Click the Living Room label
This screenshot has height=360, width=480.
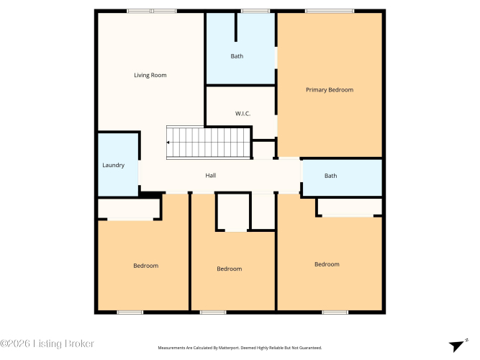point(150,76)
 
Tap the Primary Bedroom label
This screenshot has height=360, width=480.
point(330,90)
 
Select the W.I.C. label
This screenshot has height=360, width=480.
point(243,114)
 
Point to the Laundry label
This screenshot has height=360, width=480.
point(114,165)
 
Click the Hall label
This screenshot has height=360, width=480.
point(211,175)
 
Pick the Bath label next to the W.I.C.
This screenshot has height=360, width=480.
point(237,56)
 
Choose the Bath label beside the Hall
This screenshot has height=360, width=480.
point(330,176)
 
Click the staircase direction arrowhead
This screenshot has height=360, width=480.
point(168,143)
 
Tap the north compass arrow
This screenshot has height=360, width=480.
point(457,346)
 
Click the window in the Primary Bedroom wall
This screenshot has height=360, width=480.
point(330,11)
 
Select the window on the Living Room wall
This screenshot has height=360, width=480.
point(152,11)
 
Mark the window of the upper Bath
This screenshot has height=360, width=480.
point(255,11)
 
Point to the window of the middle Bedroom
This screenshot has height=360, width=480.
point(213,312)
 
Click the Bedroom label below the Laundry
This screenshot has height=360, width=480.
point(146,266)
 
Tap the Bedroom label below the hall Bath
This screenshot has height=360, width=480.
point(327,264)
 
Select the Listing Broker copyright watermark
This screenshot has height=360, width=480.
point(47,343)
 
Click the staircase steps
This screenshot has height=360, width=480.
point(208,143)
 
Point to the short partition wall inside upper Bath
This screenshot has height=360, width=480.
point(236,27)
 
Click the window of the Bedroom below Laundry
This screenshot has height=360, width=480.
point(130,312)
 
